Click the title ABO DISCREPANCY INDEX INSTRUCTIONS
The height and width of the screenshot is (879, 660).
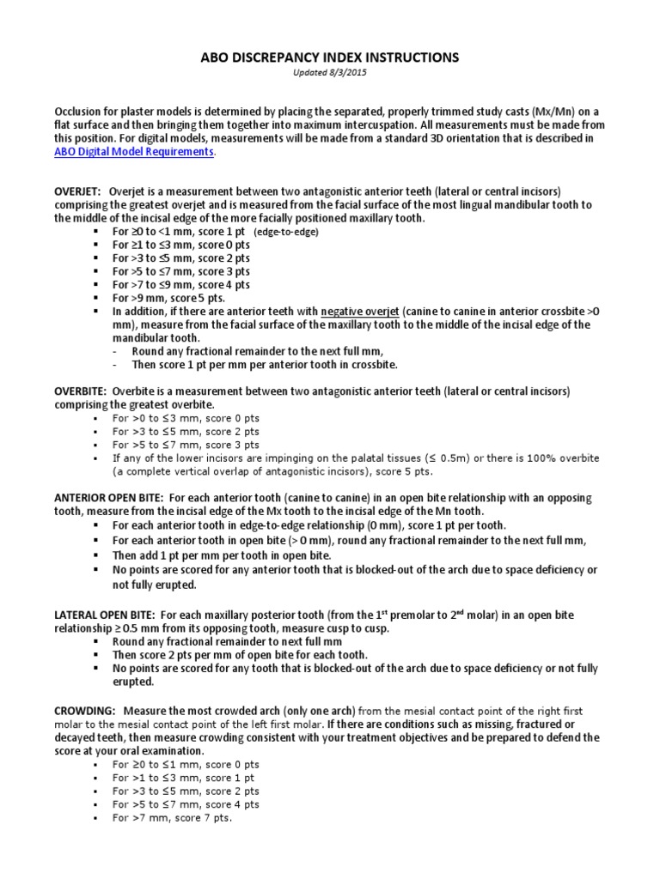point(330,58)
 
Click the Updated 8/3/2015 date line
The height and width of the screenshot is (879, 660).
point(330,74)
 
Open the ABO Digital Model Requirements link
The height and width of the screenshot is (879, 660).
point(133,152)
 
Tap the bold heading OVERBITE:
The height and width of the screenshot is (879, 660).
point(81,391)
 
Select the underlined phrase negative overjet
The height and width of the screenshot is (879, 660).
point(362,311)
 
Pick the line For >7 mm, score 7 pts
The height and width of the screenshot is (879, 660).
point(172,818)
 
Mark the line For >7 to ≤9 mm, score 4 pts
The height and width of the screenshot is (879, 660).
point(181,284)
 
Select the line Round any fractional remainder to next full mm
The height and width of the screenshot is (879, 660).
point(227,641)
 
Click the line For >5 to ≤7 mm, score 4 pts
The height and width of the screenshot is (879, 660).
point(186,804)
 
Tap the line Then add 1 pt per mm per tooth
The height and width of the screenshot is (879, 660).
point(222,555)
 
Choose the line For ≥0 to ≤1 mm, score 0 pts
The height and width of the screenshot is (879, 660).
point(186,764)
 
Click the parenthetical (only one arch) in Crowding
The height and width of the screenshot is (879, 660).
point(318,711)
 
